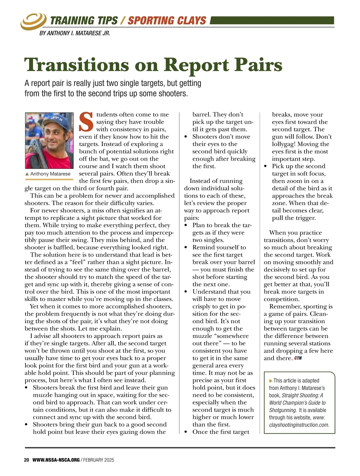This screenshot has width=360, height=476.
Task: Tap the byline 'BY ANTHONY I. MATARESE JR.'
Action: click(75, 33)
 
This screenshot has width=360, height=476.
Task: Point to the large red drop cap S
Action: click(86, 122)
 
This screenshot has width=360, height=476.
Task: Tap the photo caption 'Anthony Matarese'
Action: click(50, 174)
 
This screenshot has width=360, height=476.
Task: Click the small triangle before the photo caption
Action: click(27, 174)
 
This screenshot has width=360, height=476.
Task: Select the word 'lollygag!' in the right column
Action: click(284, 144)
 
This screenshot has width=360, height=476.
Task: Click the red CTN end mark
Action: click(298, 358)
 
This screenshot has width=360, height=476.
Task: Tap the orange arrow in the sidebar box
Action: click(271, 381)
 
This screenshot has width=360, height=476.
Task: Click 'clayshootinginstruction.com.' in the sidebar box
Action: click(299, 425)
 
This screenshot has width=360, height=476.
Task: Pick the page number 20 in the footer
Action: click(26, 460)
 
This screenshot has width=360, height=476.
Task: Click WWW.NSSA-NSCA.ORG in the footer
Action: click(56, 460)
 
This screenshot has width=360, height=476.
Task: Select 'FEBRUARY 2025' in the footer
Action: click(99, 460)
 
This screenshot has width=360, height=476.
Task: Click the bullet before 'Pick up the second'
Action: click(265, 166)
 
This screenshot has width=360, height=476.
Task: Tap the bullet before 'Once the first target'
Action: click(186, 432)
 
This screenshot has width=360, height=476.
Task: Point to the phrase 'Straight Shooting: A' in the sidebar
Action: click(302, 395)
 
